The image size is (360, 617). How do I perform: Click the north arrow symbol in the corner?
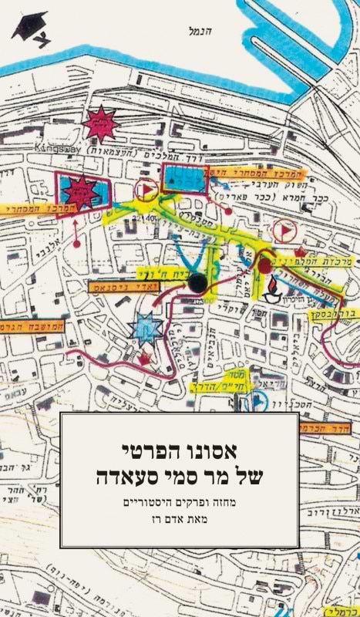(29, 29)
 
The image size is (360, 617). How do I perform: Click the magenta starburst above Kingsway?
(101, 123)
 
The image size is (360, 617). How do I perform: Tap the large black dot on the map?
(198, 285)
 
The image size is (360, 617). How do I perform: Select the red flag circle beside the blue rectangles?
(144, 190)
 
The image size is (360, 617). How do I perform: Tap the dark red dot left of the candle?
(264, 265)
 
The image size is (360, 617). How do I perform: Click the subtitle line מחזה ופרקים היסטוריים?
(180, 501)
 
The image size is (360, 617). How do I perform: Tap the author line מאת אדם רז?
(180, 521)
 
